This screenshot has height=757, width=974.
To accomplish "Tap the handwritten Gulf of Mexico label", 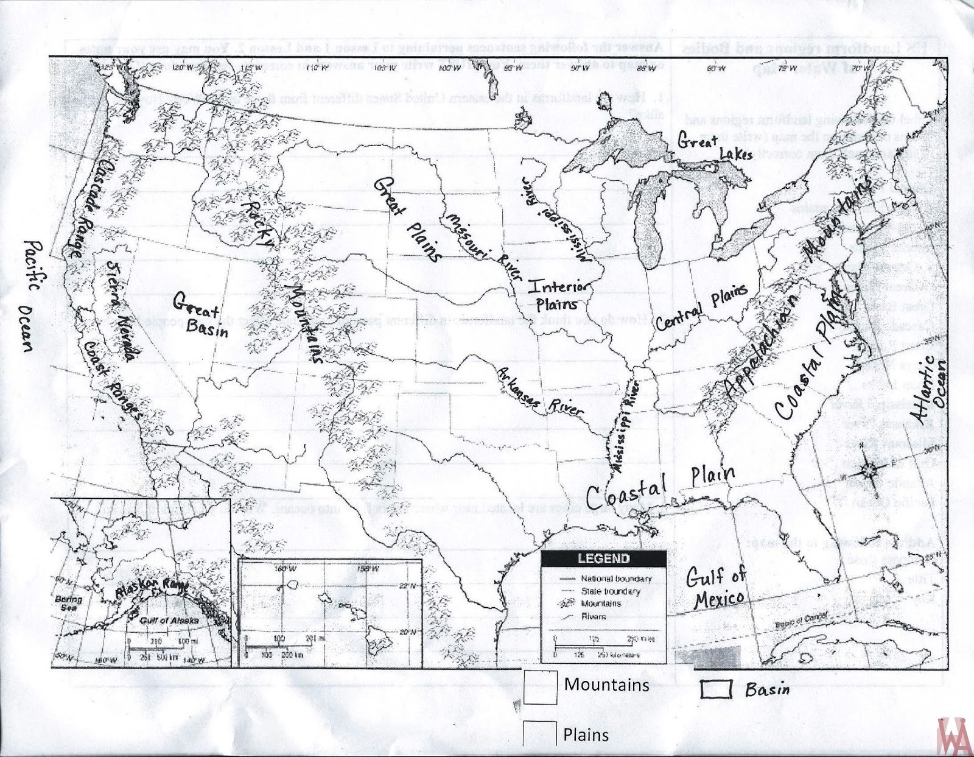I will point(716,587).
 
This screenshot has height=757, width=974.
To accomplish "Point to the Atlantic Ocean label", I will point(932,389).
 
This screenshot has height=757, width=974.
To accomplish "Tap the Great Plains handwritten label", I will point(407,218).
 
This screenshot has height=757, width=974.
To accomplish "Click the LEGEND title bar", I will point(603,558).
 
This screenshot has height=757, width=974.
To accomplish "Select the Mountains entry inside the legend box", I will point(600,604).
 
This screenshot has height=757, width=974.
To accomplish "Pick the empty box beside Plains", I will point(539,734).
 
